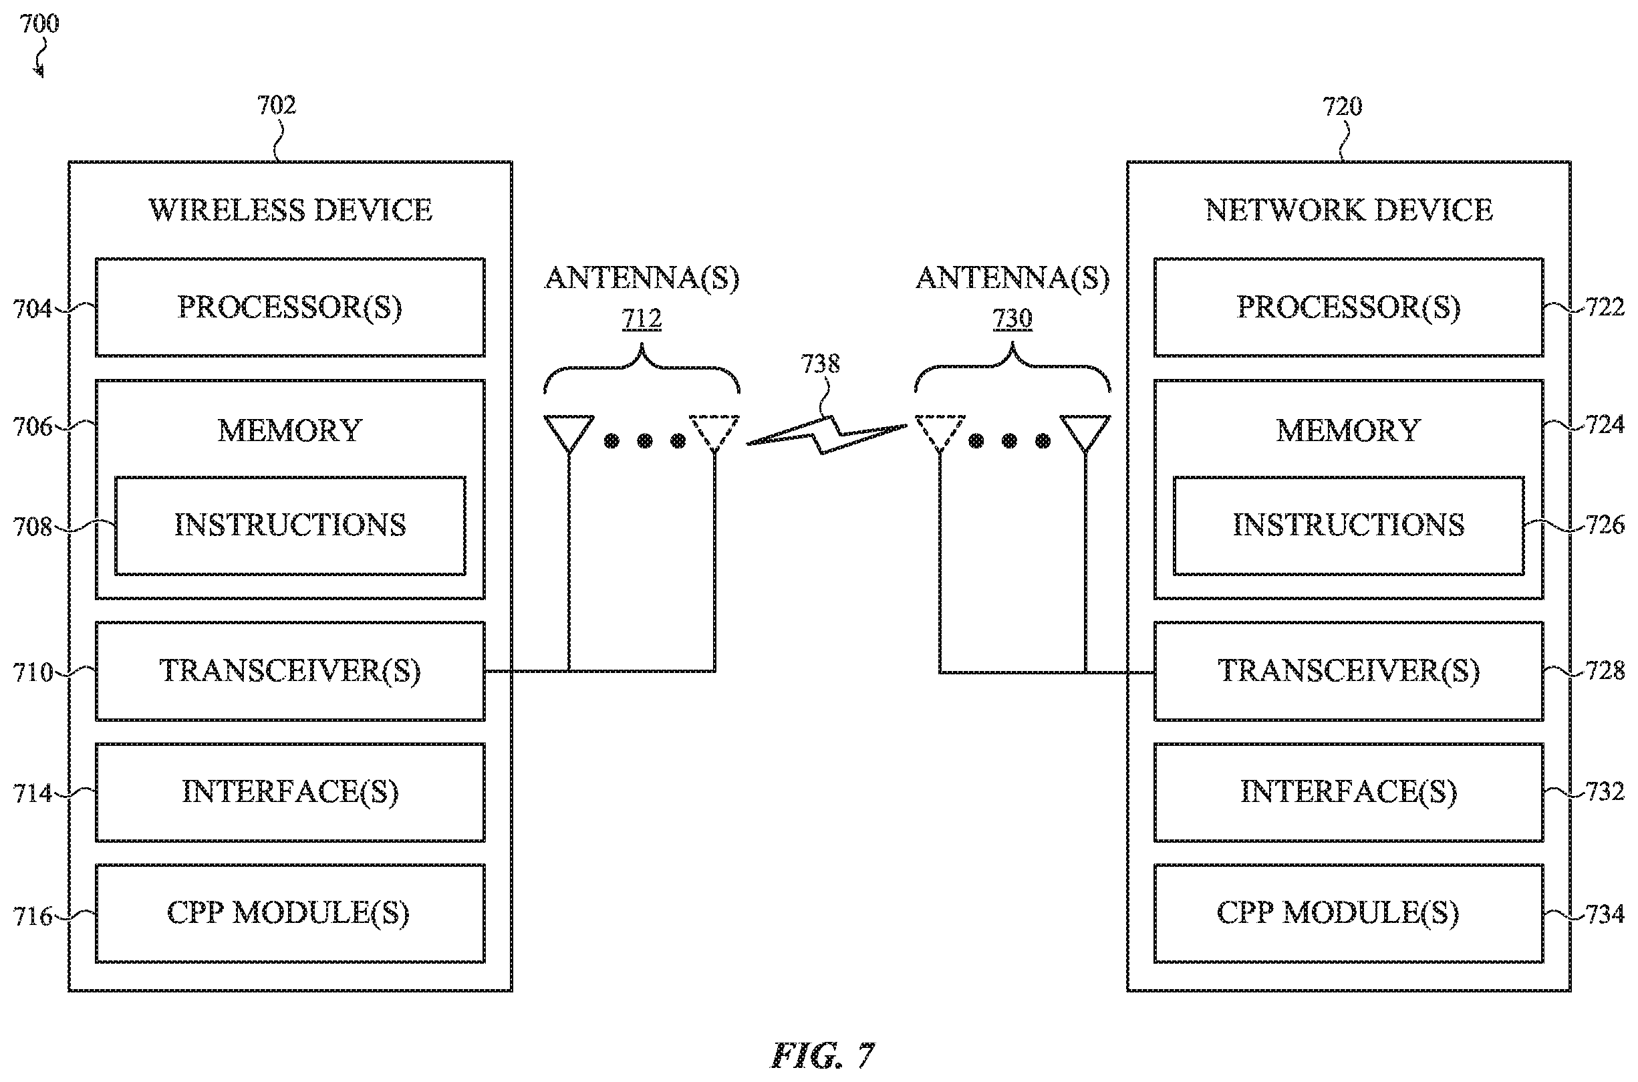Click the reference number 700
click(x=39, y=23)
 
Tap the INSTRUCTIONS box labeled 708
click(x=290, y=526)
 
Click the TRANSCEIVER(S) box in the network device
click(x=1348, y=672)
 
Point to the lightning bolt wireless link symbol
click(x=827, y=434)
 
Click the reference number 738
click(x=820, y=364)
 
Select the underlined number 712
click(x=642, y=319)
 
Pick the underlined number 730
click(x=1012, y=319)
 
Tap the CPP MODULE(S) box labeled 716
click(x=290, y=914)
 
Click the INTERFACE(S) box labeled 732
click(x=1348, y=792)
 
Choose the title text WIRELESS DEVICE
click(x=291, y=210)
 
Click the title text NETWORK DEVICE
click(x=1349, y=210)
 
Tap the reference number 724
click(x=1605, y=424)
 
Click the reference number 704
click(x=33, y=309)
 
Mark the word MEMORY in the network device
click(x=1348, y=430)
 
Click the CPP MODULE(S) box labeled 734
click(x=1348, y=914)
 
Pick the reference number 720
click(x=1342, y=106)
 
